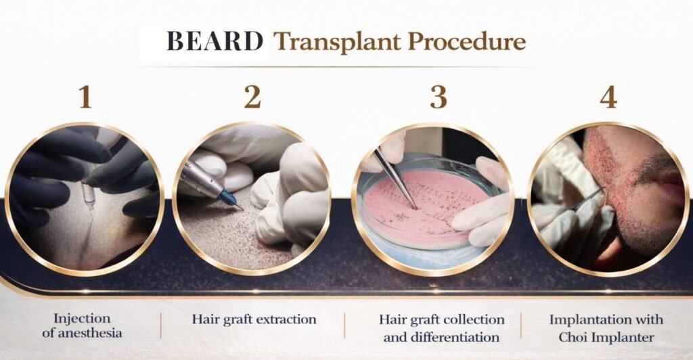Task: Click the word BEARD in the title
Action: [x=215, y=42]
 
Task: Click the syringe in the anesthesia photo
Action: [x=87, y=191]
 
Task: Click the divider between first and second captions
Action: [x=161, y=325]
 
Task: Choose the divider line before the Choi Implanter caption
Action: [x=521, y=325]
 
